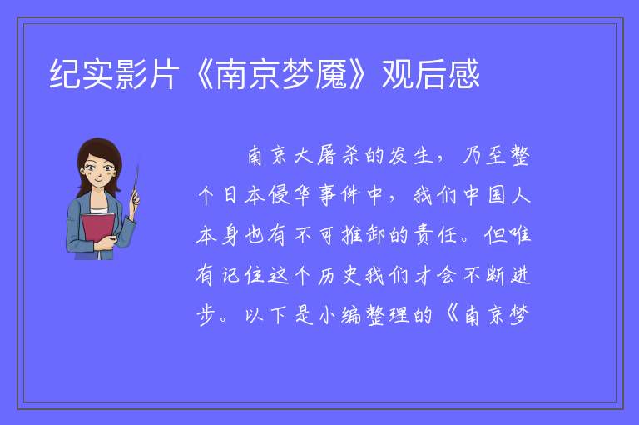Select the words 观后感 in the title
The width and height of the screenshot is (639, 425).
click(x=430, y=75)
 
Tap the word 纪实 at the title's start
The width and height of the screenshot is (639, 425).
click(x=82, y=75)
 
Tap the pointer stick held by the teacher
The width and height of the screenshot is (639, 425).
click(x=136, y=182)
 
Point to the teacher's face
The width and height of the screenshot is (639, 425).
click(x=98, y=169)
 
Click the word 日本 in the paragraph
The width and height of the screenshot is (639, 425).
click(x=243, y=195)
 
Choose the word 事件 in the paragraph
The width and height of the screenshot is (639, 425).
click(x=339, y=195)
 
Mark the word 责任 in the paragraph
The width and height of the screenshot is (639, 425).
click(x=435, y=235)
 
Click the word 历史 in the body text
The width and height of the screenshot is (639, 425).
click(x=339, y=276)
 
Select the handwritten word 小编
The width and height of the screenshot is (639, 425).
click(x=339, y=316)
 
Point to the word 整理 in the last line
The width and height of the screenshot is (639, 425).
click(x=387, y=316)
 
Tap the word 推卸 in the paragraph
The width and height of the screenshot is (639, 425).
click(x=363, y=235)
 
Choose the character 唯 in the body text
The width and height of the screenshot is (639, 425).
click(x=519, y=235)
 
